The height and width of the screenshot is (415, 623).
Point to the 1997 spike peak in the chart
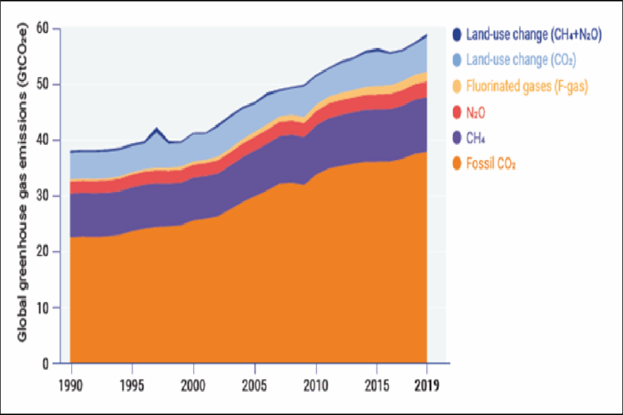pyautogui.click(x=157, y=129)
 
